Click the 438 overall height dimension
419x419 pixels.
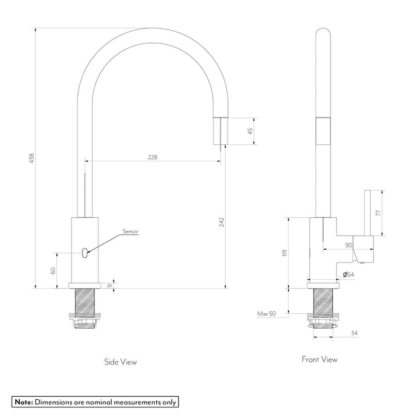[32, 158]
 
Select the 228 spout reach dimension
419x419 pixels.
[152, 157]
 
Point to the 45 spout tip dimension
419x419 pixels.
[250, 131]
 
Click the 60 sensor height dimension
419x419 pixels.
[52, 270]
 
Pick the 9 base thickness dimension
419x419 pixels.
[111, 285]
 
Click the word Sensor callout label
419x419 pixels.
[130, 232]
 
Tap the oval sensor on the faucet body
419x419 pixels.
[86, 252]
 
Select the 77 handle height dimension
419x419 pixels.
[378, 213]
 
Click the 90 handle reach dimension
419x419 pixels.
[349, 246]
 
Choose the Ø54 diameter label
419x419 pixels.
[348, 274]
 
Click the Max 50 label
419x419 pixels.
[266, 314]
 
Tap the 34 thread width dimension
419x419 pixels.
[354, 333]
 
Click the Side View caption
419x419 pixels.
[120, 361]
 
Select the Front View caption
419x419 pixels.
[319, 359]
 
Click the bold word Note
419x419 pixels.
[24, 402]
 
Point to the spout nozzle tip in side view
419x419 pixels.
[219, 129]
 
